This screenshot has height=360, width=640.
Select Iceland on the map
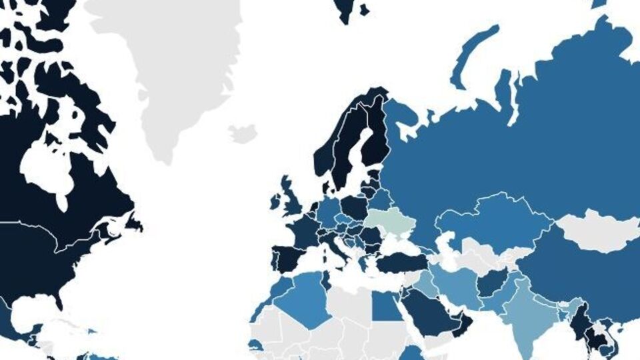coord(243,133)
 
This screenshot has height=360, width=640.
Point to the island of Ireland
coord(276,201)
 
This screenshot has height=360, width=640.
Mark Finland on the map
coord(377,137)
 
